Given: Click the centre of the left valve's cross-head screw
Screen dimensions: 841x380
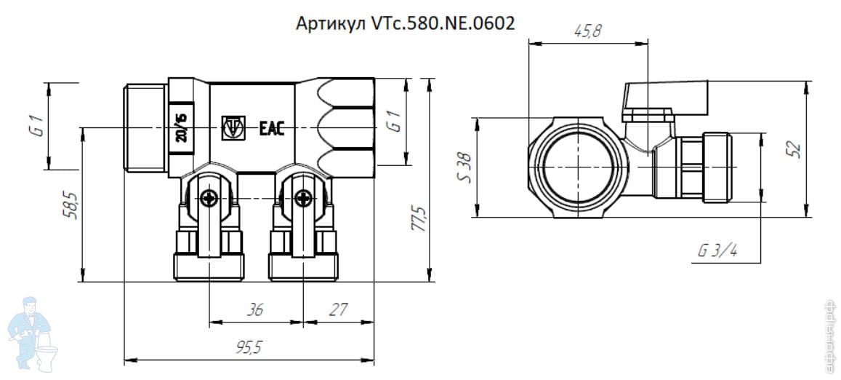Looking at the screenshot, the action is point(209,198).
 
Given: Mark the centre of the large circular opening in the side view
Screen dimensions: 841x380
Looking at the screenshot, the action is point(578,167).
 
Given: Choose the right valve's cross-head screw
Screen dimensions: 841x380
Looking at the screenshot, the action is point(303,198).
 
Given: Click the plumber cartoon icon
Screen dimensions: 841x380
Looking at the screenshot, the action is point(32,333).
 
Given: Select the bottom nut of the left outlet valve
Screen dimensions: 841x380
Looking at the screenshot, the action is point(209,267).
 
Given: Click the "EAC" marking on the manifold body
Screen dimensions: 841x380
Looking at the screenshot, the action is point(272,129).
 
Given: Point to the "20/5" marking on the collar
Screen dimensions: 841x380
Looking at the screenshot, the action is point(182,128).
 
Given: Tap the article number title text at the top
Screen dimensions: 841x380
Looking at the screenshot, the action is point(406,23).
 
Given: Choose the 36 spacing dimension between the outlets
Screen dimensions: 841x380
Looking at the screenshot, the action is point(255,310).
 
